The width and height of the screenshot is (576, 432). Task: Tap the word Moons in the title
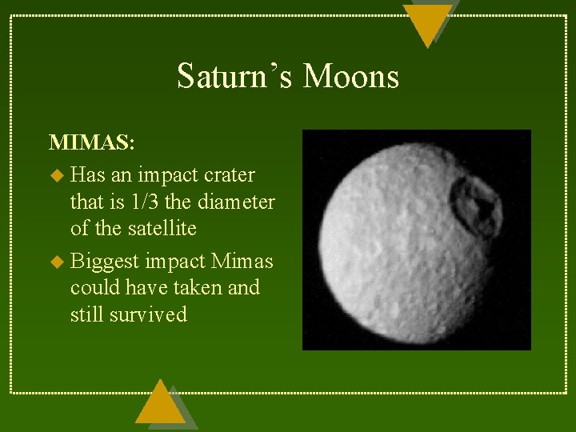(351, 77)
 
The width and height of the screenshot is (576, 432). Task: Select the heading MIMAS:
(92, 143)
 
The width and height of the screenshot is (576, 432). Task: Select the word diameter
(235, 202)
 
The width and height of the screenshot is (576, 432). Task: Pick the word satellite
(158, 229)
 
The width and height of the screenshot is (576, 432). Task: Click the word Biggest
(104, 262)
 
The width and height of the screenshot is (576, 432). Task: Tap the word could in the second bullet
(94, 287)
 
